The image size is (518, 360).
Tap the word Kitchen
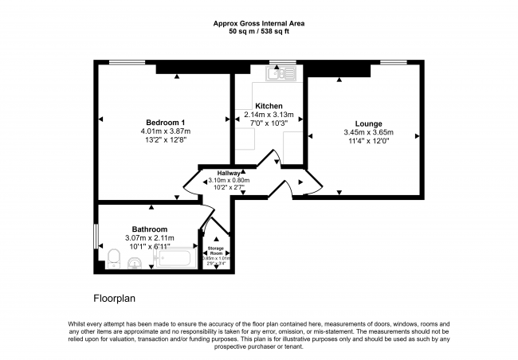click(269, 106)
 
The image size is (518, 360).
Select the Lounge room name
click(368, 123)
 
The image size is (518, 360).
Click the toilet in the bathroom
click(113, 258)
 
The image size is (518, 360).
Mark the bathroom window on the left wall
click(96, 236)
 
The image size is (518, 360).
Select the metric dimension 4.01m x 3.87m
click(165, 131)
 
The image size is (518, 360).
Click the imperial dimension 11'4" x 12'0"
click(368, 142)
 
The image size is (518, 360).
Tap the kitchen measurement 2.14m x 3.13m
click(269, 115)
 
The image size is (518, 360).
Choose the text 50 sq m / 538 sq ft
click(258, 33)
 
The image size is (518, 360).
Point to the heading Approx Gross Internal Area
click(258, 24)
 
